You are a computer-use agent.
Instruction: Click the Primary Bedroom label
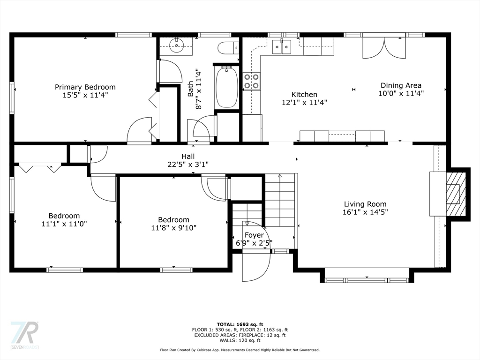coord(85,87)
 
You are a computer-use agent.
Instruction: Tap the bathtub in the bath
coord(226,87)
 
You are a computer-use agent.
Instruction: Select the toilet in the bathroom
coord(228,47)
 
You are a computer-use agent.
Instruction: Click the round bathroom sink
coord(177,46)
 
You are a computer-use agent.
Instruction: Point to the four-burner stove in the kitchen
coord(252,82)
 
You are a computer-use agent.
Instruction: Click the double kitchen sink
coord(282,47)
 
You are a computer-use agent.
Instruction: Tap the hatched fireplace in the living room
coord(456,194)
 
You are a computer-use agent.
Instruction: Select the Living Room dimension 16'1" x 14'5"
coord(365,212)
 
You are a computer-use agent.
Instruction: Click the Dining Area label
coord(401,85)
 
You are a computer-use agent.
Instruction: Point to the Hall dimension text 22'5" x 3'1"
coord(188,165)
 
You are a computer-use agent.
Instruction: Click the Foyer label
coord(254,235)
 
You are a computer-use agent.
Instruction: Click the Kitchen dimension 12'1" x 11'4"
coord(304,102)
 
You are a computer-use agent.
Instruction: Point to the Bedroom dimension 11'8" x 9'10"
coord(173,228)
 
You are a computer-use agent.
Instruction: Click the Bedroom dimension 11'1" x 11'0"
coord(64,224)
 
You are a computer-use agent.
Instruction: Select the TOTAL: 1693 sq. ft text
coord(240,324)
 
